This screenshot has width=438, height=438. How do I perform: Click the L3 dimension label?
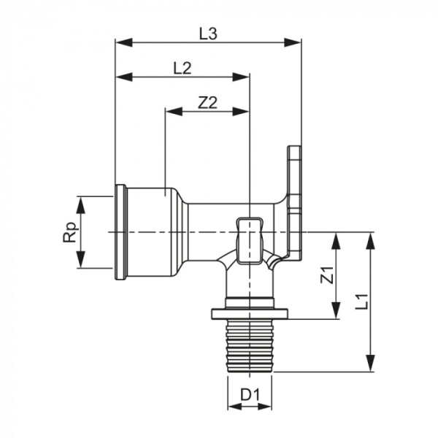pyautogui.click(x=209, y=33)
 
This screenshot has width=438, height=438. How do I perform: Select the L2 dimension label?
pyautogui.click(x=182, y=68)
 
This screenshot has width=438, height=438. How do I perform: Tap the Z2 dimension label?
pyautogui.click(x=208, y=103)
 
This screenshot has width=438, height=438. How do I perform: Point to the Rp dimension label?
pyautogui.click(x=70, y=232)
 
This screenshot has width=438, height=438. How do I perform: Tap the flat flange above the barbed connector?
pyautogui.click(x=250, y=315)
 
